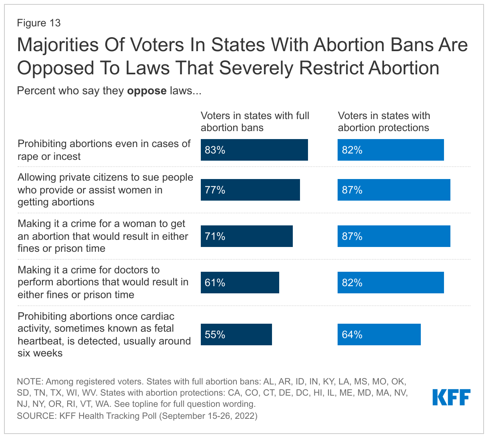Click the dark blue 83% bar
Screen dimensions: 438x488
coord(254,150)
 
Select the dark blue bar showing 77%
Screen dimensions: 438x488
coord(250,190)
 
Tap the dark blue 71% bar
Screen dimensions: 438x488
coord(246,236)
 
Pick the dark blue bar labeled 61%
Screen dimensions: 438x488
coord(240,283)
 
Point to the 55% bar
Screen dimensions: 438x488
coord(236,334)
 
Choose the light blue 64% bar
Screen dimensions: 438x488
coord(379,334)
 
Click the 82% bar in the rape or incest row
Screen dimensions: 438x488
coord(390,150)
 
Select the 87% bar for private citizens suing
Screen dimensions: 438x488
coord(394,190)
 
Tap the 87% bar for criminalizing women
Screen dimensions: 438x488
coord(394,236)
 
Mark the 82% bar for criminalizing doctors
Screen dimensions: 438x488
coord(390,283)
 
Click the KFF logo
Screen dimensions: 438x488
coord(451,397)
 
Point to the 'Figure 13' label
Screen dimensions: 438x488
coord(39,23)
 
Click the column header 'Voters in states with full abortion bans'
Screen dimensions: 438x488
coord(255,121)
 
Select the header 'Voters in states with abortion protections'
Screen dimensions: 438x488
coord(384,121)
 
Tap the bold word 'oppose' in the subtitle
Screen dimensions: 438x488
coord(146,91)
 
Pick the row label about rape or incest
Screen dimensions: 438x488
coord(104,150)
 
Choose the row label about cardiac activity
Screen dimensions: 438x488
coord(104,334)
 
